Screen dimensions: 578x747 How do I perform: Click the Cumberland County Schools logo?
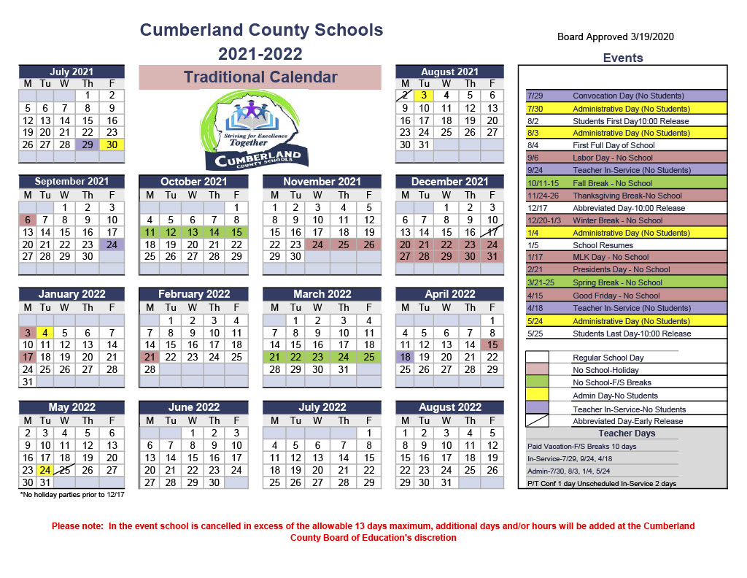[260, 131]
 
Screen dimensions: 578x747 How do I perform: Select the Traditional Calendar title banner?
[260, 77]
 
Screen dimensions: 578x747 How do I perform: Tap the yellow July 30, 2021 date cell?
[112, 144]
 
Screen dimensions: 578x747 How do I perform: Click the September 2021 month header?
[71, 182]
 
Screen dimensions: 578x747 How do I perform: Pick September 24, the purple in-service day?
[112, 244]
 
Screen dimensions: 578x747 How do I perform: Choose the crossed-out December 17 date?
[492, 232]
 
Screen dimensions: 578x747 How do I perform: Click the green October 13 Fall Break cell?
[192, 232]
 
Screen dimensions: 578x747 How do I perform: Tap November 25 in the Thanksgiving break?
[344, 244]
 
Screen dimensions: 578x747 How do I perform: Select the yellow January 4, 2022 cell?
[45, 332]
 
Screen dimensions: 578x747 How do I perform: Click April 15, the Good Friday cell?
[492, 344]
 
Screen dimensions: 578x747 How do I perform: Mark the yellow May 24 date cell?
[45, 470]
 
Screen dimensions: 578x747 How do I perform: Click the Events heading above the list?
[622, 58]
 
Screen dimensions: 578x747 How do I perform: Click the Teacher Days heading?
[627, 433]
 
